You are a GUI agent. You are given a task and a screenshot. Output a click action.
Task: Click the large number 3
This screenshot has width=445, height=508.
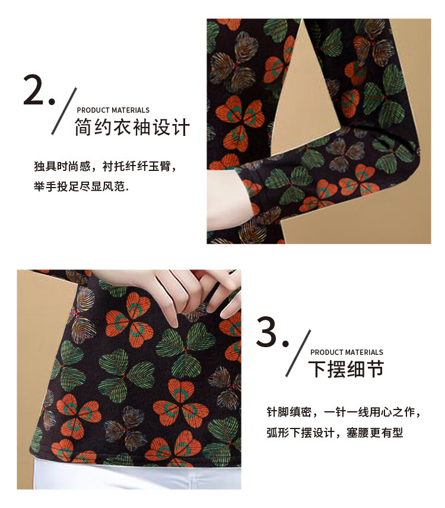266,332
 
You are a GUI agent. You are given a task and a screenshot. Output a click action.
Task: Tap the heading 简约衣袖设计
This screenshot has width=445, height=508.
132,127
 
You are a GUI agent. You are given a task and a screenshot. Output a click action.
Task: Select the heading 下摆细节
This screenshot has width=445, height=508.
346,369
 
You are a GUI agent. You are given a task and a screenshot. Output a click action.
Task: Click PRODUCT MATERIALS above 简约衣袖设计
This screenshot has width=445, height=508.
113,110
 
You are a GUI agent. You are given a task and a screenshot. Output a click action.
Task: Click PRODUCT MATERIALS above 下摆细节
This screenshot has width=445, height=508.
347,352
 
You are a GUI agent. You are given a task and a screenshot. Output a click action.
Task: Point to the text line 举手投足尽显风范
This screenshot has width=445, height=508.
81,186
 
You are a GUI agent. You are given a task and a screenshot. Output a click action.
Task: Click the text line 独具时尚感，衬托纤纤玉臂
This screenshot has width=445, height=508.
105,166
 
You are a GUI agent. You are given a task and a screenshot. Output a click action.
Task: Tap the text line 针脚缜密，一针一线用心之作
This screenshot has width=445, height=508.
344,412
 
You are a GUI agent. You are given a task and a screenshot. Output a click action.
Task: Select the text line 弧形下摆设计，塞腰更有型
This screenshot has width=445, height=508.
335,433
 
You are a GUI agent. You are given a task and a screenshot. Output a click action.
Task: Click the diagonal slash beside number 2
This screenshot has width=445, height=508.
64,111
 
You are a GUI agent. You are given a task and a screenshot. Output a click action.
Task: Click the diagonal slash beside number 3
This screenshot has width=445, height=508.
298,353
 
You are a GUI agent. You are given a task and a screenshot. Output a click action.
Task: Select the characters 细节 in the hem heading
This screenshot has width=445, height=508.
365,369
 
